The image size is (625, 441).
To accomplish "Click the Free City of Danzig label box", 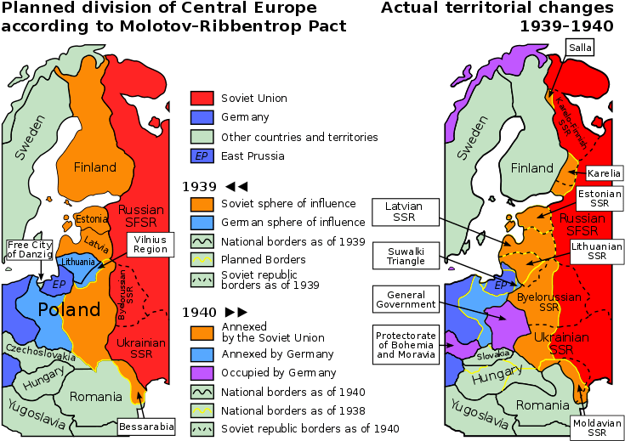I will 29,250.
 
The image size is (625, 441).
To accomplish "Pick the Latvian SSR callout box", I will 404,212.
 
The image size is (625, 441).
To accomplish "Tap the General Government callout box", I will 406,299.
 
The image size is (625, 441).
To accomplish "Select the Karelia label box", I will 604,173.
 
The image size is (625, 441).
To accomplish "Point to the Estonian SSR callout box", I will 599,200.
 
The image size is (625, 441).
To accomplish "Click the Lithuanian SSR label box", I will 597,250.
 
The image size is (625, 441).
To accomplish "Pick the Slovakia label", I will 491,353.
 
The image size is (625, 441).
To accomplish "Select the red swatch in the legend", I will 202,97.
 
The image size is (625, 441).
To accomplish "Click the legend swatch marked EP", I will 202,156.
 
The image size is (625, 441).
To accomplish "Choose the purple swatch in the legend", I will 202,374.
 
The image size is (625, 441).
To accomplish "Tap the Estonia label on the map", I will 92,218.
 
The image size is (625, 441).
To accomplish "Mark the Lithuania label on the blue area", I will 78,263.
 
